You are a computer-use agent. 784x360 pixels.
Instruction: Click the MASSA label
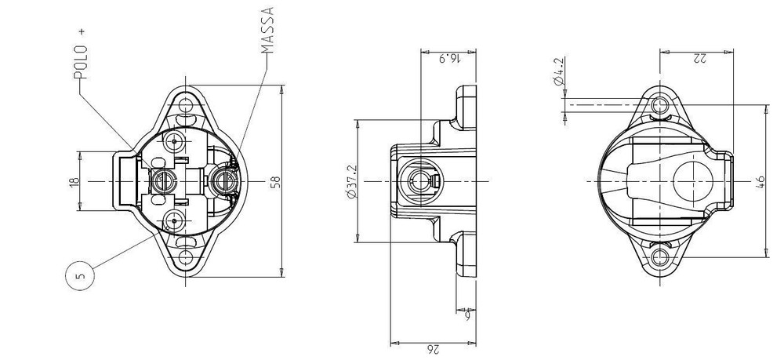[x=267, y=31]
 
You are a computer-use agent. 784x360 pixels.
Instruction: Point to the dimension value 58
[x=274, y=181]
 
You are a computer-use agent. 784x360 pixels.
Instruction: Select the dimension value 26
[x=434, y=349]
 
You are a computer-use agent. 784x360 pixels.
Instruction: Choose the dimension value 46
[x=759, y=181]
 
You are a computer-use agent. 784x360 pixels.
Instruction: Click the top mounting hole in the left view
[x=186, y=105]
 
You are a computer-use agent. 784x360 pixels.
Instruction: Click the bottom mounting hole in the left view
[x=186, y=256]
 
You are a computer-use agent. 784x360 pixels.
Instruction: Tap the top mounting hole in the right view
[x=661, y=104]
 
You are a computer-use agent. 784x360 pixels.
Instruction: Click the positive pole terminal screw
[x=164, y=181]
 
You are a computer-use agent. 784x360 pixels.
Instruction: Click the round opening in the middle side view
[x=419, y=181]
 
